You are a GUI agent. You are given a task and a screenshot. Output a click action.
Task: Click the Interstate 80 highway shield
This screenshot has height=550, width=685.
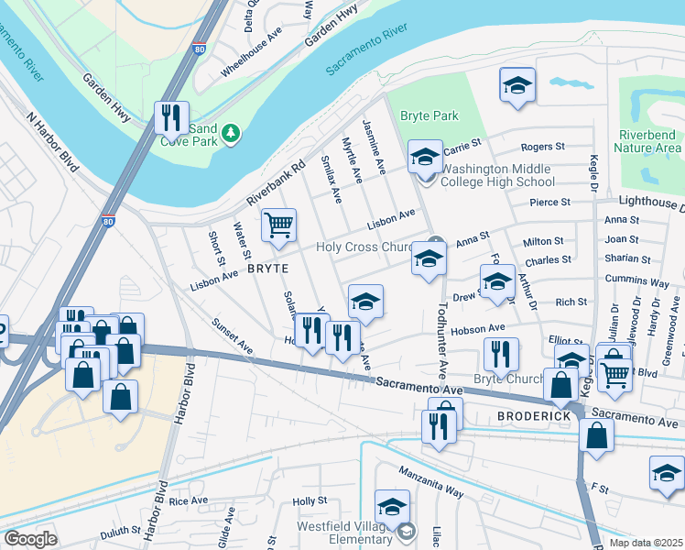tap(109, 221)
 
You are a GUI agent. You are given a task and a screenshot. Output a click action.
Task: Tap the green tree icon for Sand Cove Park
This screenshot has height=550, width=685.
tap(232, 134)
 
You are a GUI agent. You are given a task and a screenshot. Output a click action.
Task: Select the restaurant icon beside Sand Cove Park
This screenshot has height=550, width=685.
tap(171, 116)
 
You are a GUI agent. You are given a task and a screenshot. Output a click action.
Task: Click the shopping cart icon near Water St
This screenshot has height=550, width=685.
tap(277, 224)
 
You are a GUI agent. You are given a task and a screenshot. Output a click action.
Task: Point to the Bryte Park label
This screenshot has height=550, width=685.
tap(429, 115)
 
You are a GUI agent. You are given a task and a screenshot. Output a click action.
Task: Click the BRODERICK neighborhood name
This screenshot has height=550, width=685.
tap(534, 416)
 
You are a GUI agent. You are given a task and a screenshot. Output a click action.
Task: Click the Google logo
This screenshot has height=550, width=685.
tap(30, 539)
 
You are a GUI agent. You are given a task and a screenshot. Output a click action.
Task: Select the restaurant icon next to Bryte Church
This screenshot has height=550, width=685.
tap(501, 354)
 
